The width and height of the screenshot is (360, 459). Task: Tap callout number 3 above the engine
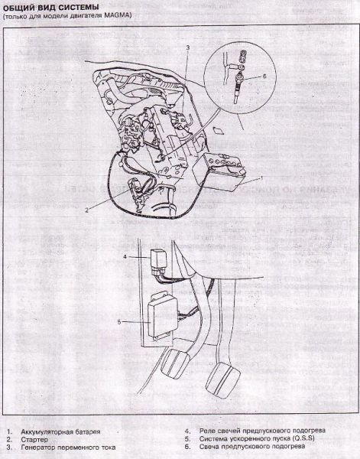(187, 47)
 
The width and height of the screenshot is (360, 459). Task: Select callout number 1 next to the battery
(262, 177)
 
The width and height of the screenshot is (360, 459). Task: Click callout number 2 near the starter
(88, 208)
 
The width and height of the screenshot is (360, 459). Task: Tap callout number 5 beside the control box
(119, 322)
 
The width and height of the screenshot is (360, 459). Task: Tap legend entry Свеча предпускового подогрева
(252, 447)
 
